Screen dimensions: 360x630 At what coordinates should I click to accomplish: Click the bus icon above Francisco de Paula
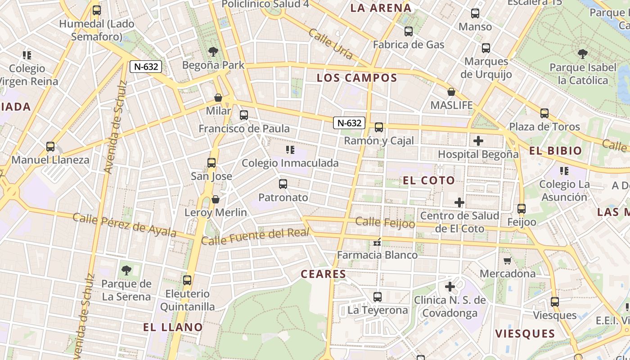point(244,115)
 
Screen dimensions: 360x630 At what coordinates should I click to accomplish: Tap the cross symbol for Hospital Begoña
point(478,141)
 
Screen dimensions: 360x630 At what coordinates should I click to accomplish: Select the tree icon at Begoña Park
point(213,52)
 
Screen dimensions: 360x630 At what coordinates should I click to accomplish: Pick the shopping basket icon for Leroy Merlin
point(216,199)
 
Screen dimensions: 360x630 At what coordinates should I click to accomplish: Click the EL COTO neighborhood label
point(429,181)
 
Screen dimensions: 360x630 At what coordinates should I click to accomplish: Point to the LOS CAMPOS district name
point(357,78)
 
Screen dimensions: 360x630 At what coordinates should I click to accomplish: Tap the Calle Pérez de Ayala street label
point(124,225)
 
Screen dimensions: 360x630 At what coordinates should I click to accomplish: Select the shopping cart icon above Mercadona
point(508,261)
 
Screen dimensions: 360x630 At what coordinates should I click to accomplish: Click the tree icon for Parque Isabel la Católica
point(583,54)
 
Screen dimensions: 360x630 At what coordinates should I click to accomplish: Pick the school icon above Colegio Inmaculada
point(290,150)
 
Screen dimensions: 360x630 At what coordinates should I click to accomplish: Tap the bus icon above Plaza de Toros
point(544,113)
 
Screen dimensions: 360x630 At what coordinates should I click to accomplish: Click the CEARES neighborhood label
point(324,274)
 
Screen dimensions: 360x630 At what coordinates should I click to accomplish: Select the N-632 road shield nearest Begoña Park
point(146,67)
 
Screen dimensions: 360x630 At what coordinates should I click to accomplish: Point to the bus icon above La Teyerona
point(378,297)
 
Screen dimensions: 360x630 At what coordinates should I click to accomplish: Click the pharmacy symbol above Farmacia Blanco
point(378,243)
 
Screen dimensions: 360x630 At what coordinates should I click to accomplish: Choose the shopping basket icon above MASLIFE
point(451,92)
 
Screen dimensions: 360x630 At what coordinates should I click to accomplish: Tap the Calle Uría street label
point(331,44)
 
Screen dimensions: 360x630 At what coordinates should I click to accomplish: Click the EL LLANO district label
point(173,327)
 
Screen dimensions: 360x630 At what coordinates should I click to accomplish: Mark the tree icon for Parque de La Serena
point(126,270)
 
